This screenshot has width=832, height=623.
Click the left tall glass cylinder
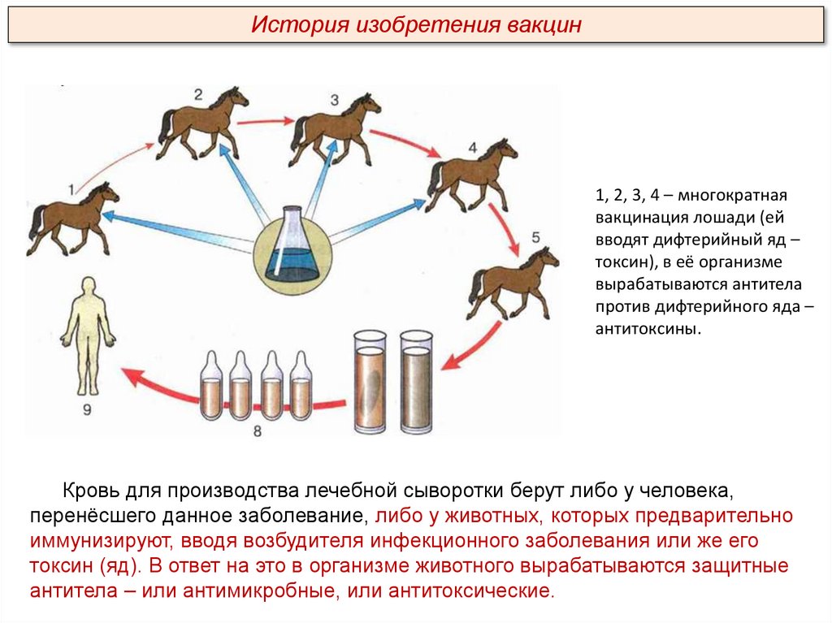click(x=370, y=381)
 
